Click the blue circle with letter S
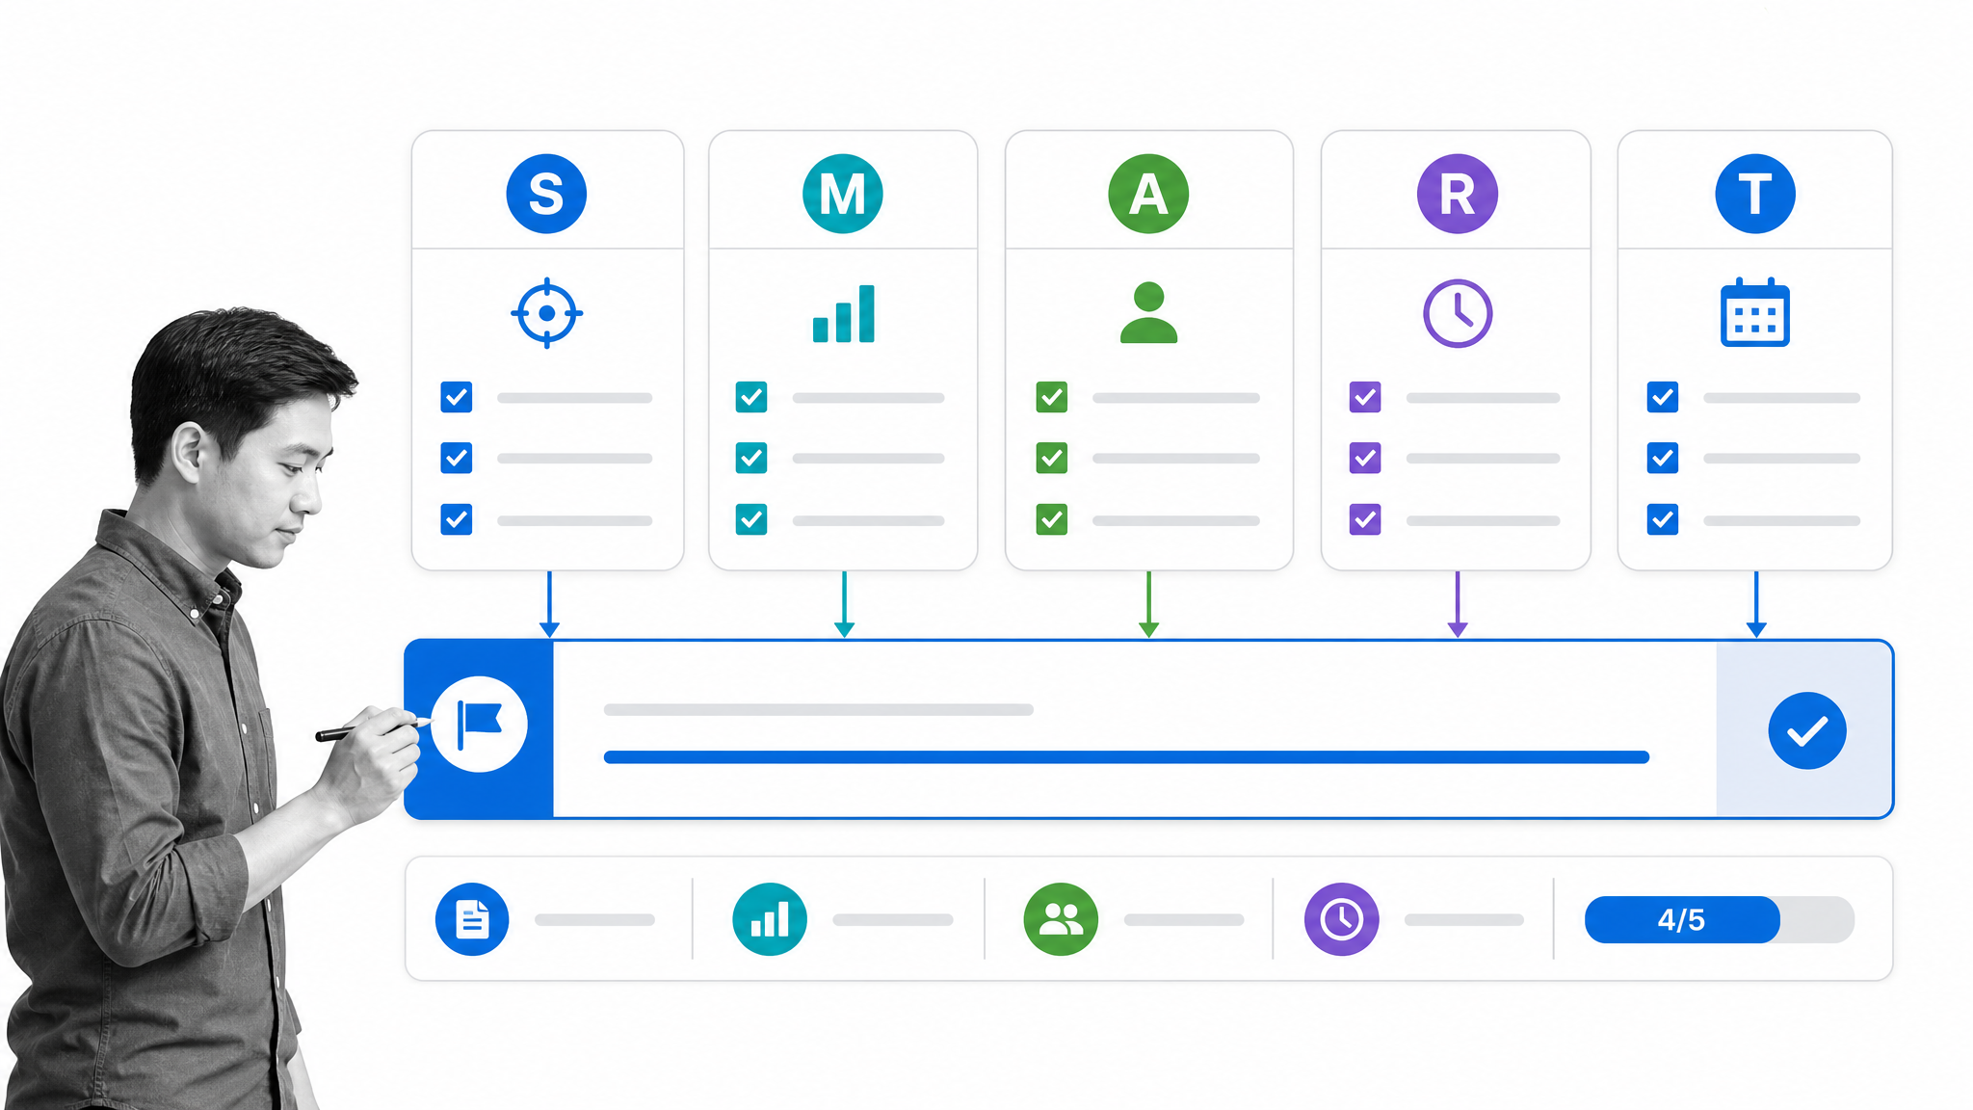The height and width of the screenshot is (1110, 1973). point(546,194)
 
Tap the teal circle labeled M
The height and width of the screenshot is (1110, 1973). point(843,194)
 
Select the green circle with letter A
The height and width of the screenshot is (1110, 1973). point(1148,194)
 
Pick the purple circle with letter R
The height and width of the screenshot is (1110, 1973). point(1457,194)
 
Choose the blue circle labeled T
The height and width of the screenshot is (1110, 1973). point(1755,194)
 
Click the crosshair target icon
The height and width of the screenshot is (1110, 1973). point(546,313)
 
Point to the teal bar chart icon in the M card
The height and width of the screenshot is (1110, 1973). point(844,313)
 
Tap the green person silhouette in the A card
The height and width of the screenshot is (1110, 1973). point(1148,312)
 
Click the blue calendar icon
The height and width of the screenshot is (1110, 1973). point(1755,312)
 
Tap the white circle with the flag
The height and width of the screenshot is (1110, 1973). point(479,725)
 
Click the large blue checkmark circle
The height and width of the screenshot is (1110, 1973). point(1807,730)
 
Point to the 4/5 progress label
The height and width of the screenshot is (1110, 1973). point(1681,920)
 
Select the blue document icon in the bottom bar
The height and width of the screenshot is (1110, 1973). point(472,919)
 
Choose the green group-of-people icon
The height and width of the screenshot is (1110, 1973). point(1061,919)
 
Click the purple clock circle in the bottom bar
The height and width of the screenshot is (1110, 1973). point(1342,919)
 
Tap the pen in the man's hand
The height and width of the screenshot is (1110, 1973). point(374,728)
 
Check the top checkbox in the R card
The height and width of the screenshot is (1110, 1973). point(1365,397)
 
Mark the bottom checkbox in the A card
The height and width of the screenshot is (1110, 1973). point(1052,519)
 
